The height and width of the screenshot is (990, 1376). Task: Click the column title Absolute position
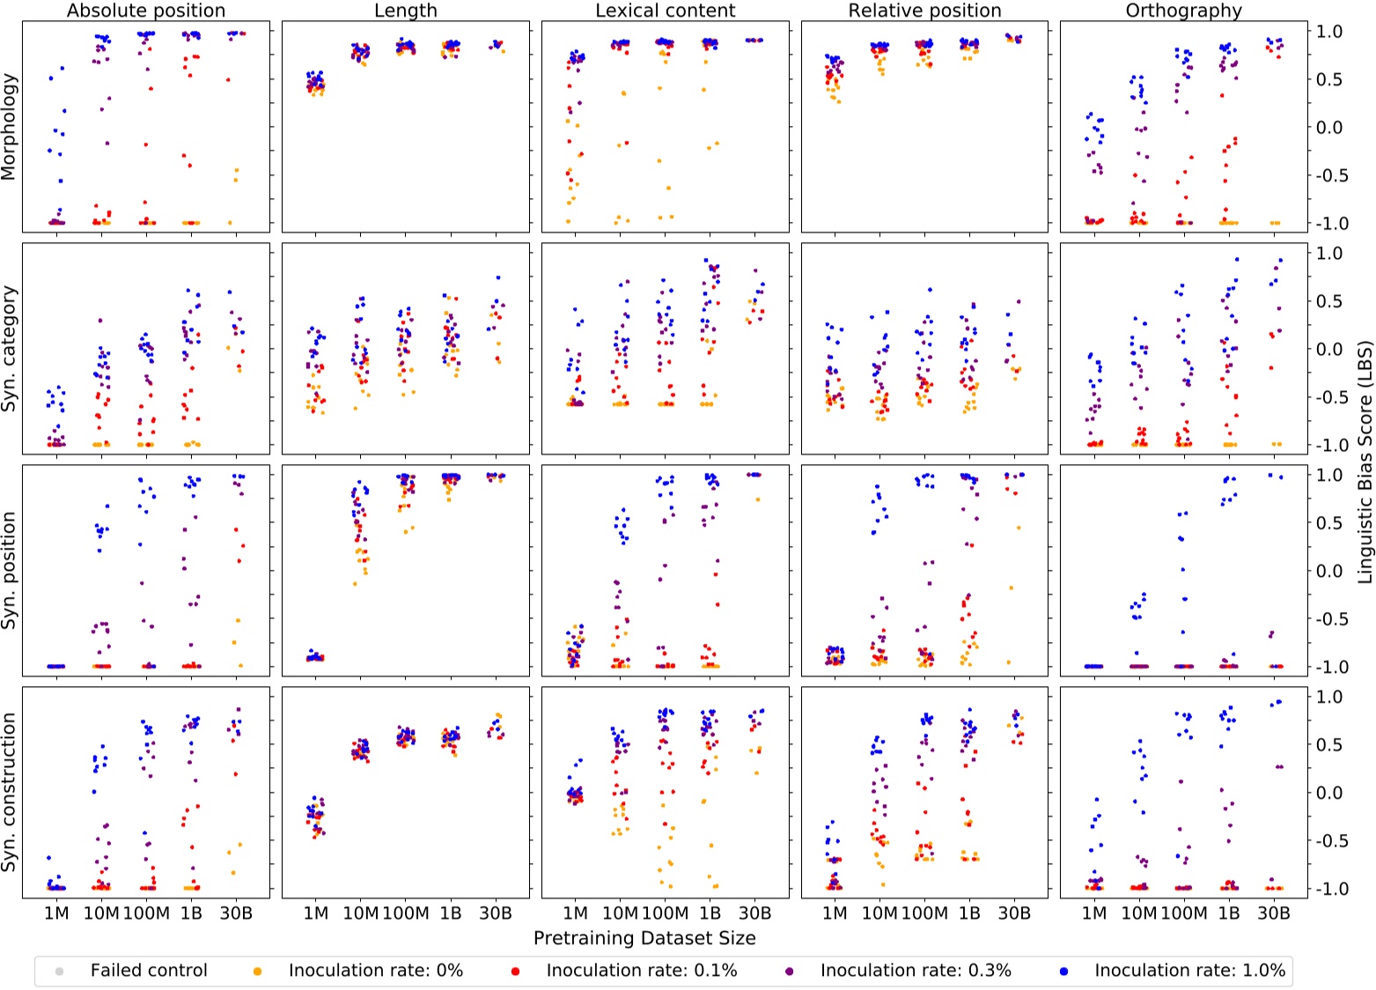tap(146, 11)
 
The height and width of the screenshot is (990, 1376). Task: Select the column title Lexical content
tap(665, 11)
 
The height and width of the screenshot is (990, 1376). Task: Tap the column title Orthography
tap(1183, 11)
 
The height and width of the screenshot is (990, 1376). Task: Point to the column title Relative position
tap(924, 11)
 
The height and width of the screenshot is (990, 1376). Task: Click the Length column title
tap(405, 11)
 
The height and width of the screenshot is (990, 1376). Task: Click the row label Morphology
tap(10, 127)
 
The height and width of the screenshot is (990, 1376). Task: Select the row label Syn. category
tap(10, 349)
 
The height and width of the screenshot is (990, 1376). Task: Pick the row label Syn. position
tap(10, 571)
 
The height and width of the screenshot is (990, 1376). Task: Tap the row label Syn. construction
tap(10, 793)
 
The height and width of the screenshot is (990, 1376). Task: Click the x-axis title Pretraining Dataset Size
tap(644, 938)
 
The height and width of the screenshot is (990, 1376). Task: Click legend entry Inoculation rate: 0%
tap(375, 971)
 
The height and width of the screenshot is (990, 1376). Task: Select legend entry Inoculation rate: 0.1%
tap(641, 971)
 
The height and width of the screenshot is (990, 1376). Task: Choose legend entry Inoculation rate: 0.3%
tap(915, 971)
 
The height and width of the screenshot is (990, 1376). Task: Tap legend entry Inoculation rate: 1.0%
tap(1188, 971)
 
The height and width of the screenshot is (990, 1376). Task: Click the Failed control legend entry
tap(148, 971)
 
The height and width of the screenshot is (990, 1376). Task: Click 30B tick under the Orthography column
tap(1274, 914)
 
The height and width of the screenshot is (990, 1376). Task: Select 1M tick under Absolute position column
tap(56, 914)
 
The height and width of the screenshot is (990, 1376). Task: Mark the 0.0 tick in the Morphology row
tap(1329, 128)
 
